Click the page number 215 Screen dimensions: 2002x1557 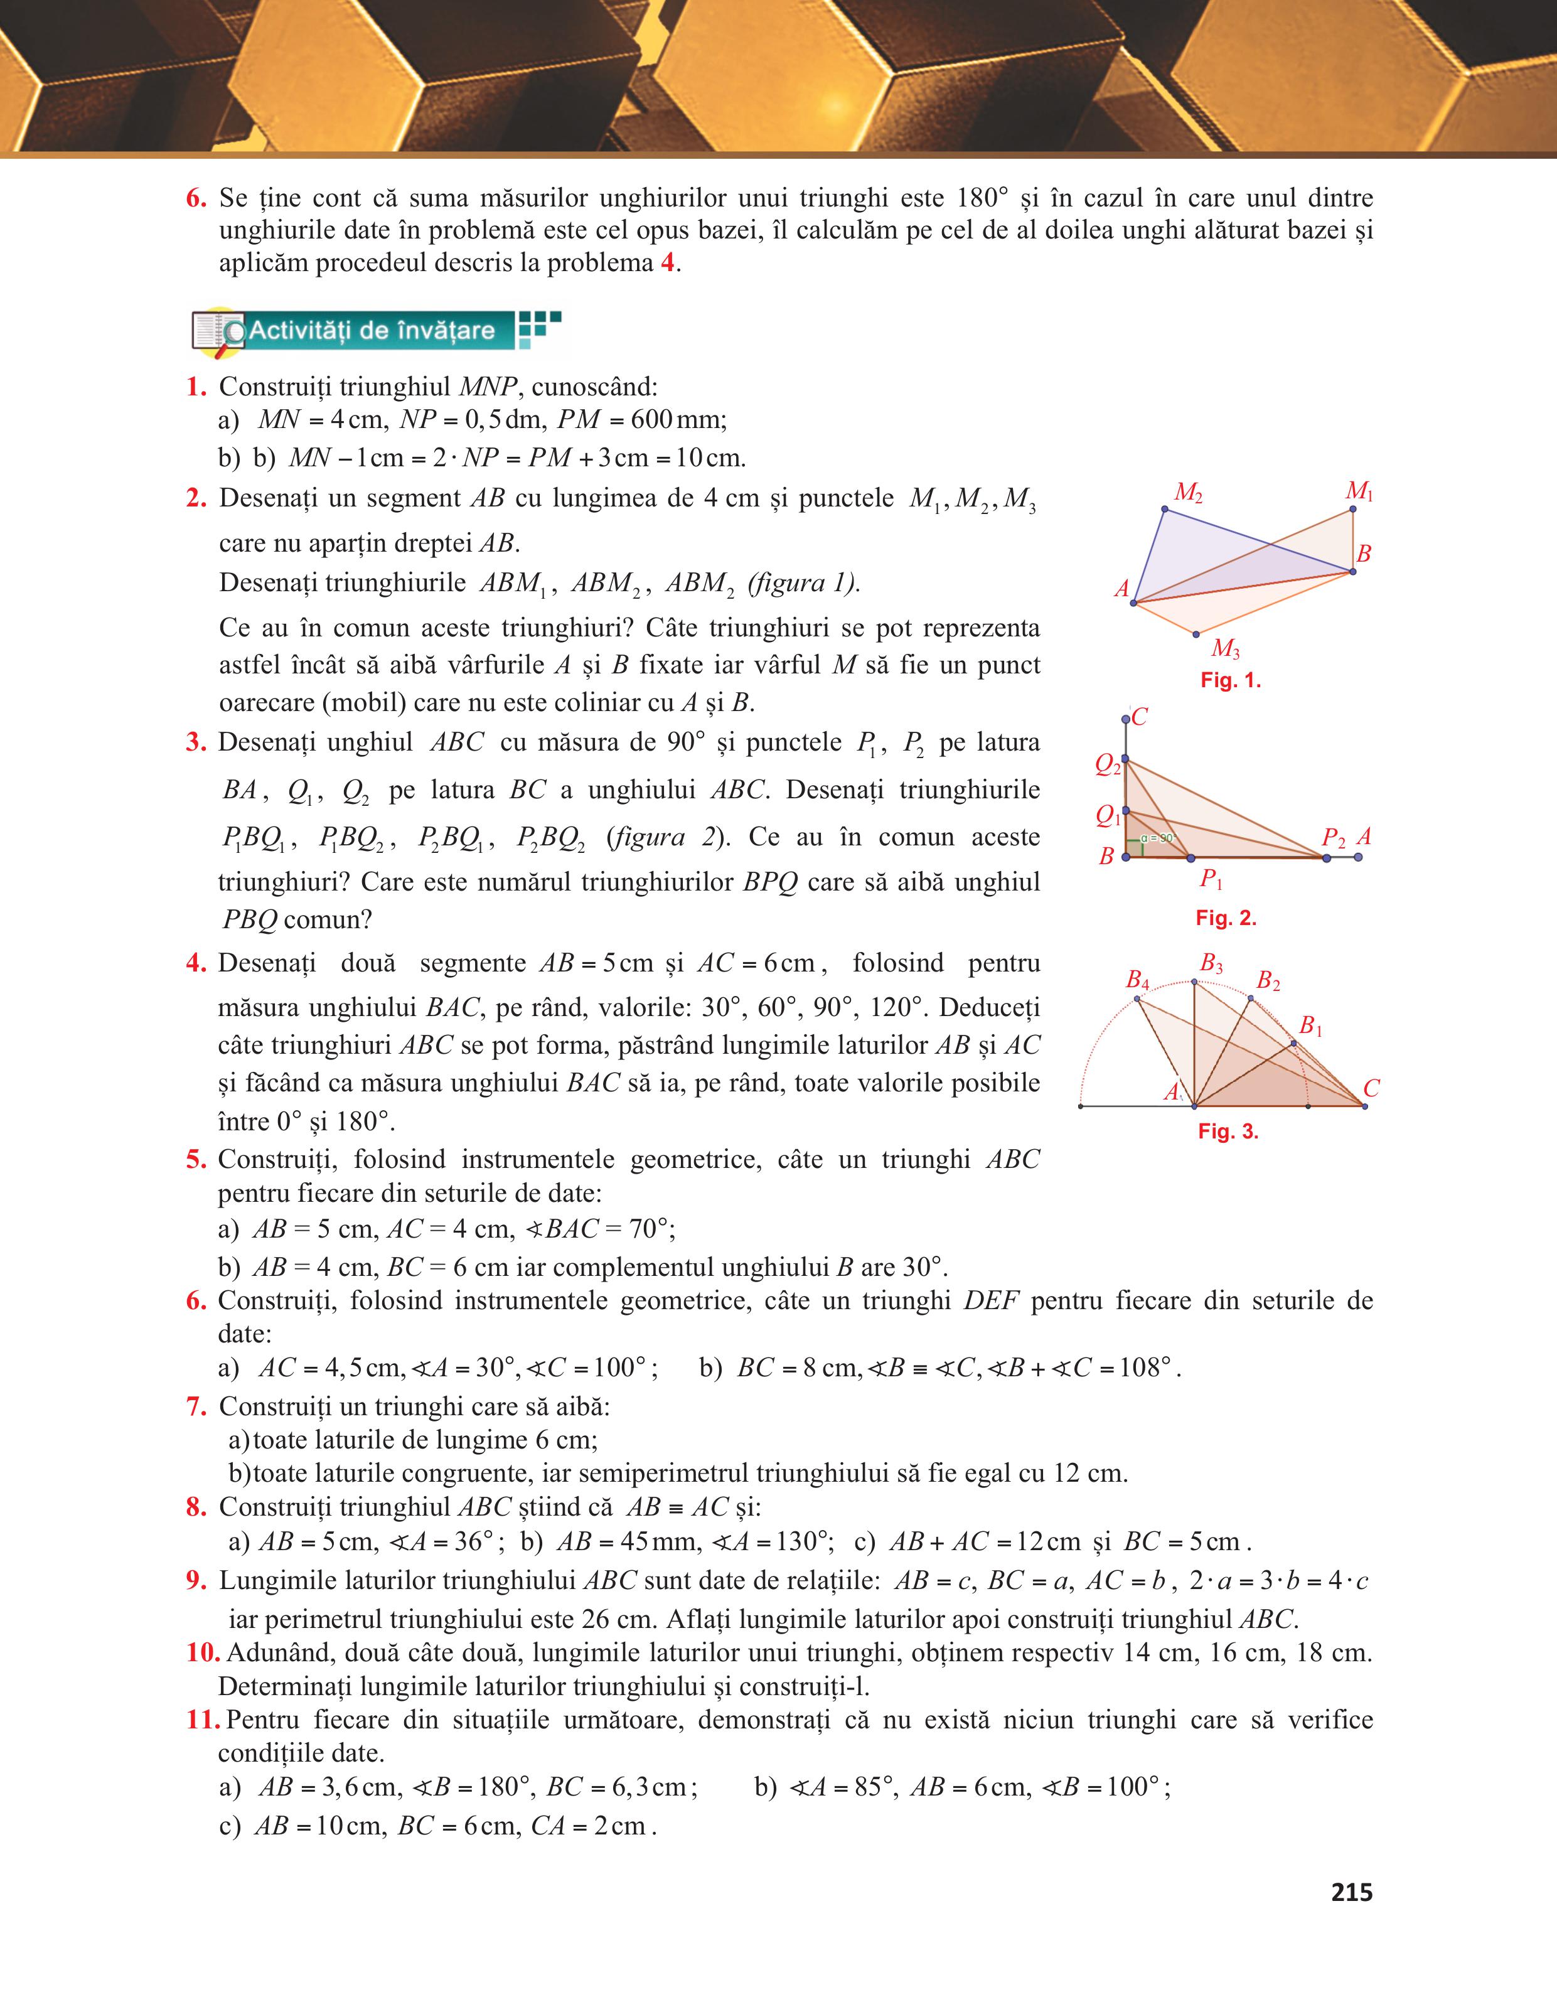click(1351, 1892)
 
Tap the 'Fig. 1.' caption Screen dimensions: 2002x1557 click(1231, 680)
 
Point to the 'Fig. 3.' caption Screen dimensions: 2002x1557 click(1228, 1131)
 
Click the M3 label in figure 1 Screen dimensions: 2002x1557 click(1225, 649)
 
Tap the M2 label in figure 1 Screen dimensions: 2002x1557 click(1188, 493)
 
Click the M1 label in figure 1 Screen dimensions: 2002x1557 click(1358, 491)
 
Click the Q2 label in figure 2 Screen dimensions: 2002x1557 click(1107, 764)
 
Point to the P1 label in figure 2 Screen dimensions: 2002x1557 click(1211, 880)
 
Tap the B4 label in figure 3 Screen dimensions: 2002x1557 click(1137, 980)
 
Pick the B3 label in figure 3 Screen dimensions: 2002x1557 click(1211, 963)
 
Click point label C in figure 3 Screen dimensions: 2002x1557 click(1371, 1088)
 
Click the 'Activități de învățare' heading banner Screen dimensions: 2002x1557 click(371, 331)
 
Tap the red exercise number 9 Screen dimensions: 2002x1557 click(196, 1580)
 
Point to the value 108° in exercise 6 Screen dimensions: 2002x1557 click(1147, 1368)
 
